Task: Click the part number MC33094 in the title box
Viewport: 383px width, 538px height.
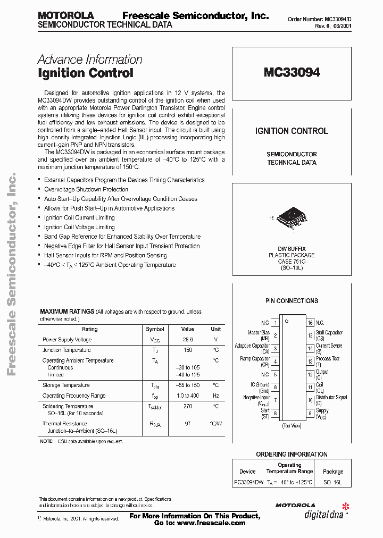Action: pyautogui.click(x=292, y=73)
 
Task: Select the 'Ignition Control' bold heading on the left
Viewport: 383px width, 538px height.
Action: pyautogui.click(x=85, y=73)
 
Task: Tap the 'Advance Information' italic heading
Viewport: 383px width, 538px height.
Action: pyautogui.click(x=90, y=60)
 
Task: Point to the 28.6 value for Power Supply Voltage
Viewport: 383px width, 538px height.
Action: pyautogui.click(x=187, y=339)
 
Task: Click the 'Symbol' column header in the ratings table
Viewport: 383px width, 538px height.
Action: pyautogui.click(x=155, y=329)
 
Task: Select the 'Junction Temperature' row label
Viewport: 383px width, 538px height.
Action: pyautogui.click(x=66, y=350)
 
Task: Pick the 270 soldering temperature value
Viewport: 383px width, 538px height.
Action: pyautogui.click(x=187, y=406)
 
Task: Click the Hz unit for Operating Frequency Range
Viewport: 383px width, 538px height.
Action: pyautogui.click(x=215, y=396)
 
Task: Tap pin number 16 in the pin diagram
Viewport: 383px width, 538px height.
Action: pyautogui.click(x=310, y=323)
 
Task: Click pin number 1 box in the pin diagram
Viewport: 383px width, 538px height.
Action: pyautogui.click(x=275, y=323)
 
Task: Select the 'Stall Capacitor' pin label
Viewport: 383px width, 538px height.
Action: pyautogui.click(x=329, y=335)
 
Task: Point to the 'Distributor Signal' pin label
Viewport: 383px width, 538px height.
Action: pyautogui.click(x=331, y=400)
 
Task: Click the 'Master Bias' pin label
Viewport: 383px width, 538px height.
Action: pyautogui.click(x=259, y=335)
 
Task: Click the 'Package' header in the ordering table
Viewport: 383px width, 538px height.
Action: pyautogui.click(x=333, y=471)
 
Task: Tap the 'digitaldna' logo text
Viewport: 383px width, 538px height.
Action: pyautogui.click(x=322, y=514)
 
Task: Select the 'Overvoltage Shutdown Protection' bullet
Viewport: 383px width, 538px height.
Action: pyautogui.click(x=86, y=189)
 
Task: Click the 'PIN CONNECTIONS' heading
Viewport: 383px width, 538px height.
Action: pyautogui.click(x=292, y=301)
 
